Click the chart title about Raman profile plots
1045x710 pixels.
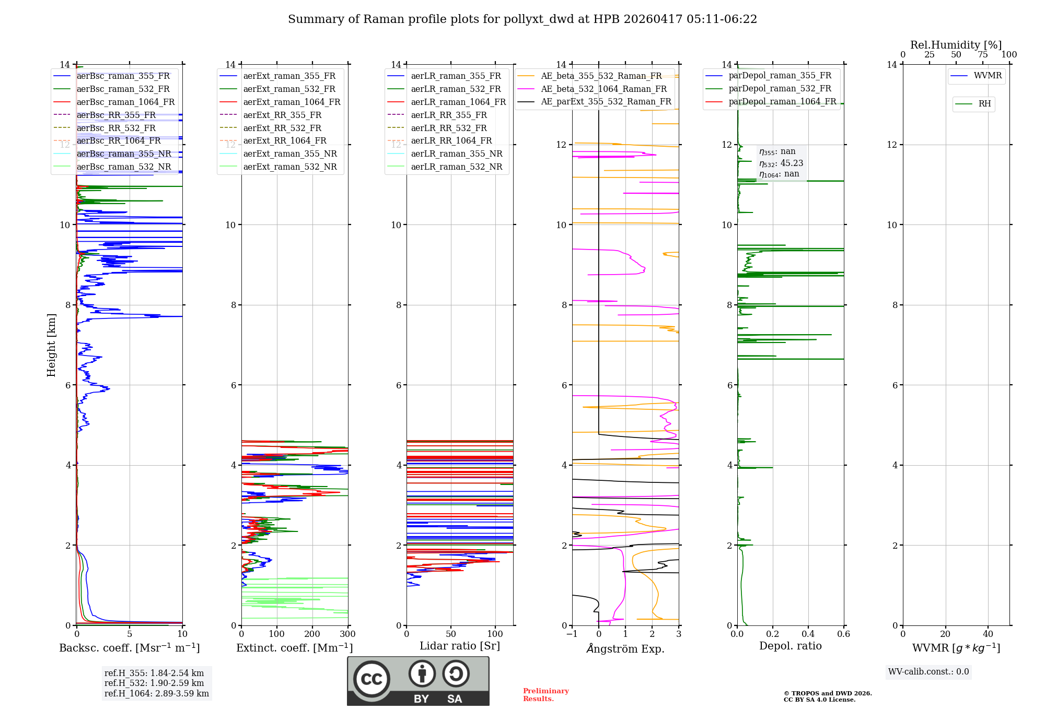point(522,19)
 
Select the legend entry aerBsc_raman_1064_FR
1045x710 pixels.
point(125,102)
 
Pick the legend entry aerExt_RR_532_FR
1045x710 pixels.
point(282,128)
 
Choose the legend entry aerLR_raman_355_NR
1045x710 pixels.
point(456,153)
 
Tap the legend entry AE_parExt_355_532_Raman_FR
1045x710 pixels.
point(606,101)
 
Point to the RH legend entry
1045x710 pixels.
point(984,104)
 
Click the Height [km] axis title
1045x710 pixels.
point(51,345)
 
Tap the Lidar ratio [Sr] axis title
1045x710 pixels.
point(460,646)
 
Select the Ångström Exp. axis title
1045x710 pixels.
point(625,648)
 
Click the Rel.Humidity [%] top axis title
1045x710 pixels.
point(956,45)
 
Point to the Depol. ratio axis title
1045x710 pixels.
point(790,646)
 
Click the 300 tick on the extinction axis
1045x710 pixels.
point(347,634)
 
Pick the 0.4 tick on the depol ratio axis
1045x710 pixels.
point(808,634)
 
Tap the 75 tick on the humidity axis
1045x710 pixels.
point(983,55)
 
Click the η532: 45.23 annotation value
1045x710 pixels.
point(781,163)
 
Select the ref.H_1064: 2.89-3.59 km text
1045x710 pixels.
point(157,693)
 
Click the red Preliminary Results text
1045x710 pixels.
point(545,695)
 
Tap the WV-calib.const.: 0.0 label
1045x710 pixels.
point(928,672)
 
